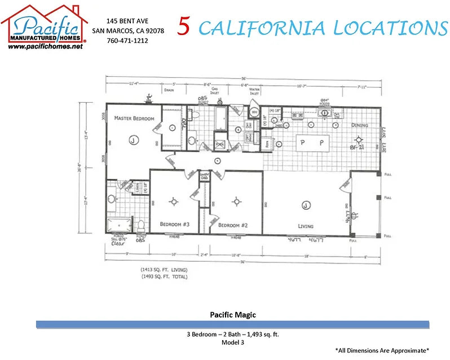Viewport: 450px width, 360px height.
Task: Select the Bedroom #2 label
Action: pos(233,225)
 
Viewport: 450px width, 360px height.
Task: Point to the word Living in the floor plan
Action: pos(306,226)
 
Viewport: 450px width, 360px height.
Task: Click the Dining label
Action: pos(359,125)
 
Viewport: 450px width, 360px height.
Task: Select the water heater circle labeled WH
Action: pos(254,112)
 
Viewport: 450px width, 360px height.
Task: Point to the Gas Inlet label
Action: pos(214,91)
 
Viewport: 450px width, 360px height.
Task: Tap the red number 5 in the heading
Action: pos(184,27)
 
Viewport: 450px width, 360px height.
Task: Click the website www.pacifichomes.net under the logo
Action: pos(46,47)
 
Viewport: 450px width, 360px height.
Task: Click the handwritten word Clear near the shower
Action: pos(118,244)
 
